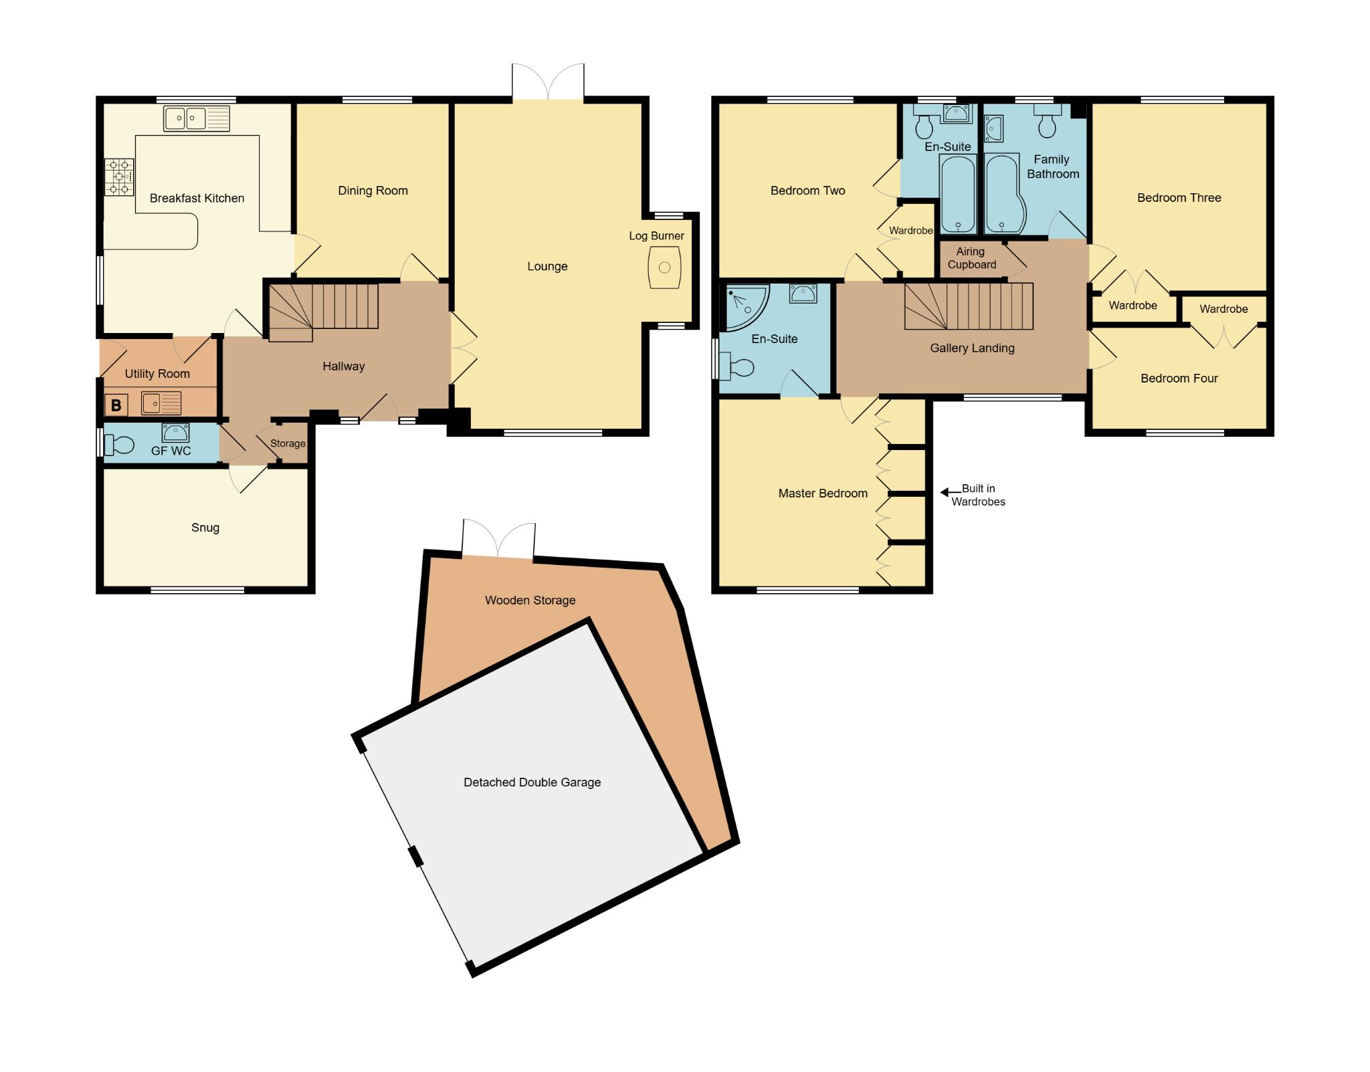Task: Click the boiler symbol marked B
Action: (116, 405)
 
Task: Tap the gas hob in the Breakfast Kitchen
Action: (119, 177)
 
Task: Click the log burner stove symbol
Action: (664, 267)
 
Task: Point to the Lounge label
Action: (547, 266)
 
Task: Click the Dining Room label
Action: (373, 191)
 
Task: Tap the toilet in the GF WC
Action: (120, 443)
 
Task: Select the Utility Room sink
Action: (161, 403)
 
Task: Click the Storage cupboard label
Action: (288, 443)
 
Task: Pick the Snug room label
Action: (205, 528)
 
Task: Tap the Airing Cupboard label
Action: (971, 258)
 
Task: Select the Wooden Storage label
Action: (530, 601)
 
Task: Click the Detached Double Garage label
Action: (532, 782)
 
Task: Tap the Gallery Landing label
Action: (972, 348)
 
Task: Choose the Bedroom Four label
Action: (1179, 379)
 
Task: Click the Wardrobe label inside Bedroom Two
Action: (910, 231)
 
